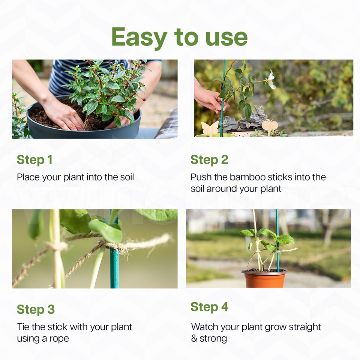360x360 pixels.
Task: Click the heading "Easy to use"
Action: coord(179,37)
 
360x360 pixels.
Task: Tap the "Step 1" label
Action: coord(34,160)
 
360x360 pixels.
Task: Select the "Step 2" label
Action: coord(209,160)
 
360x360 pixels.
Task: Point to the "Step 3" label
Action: coord(36,309)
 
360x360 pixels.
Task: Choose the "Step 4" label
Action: coord(209,307)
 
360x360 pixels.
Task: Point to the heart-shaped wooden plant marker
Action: coord(270,126)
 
